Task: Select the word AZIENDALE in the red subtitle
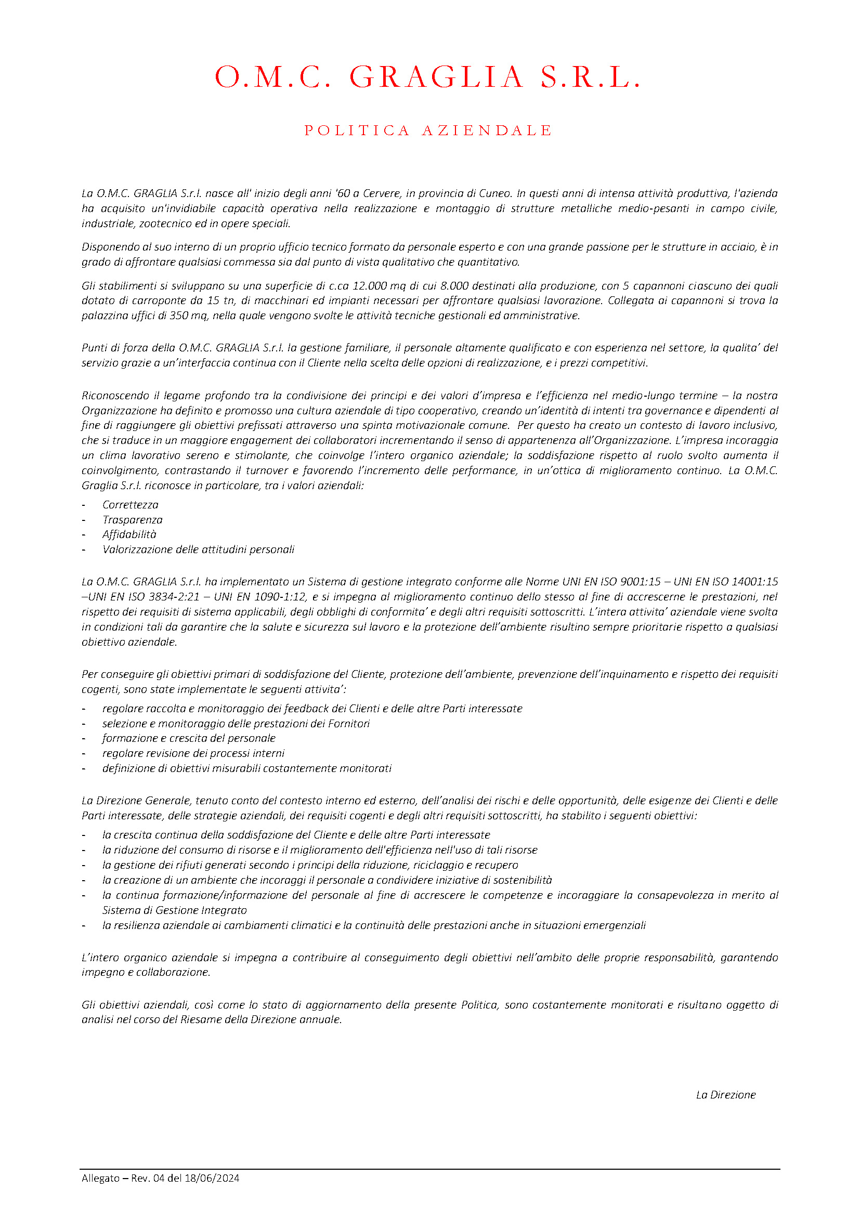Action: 487,130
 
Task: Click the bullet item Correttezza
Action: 131,505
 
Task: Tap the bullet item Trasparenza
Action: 133,519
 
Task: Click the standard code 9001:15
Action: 640,582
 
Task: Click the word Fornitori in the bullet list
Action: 348,724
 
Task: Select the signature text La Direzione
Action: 725,1095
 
